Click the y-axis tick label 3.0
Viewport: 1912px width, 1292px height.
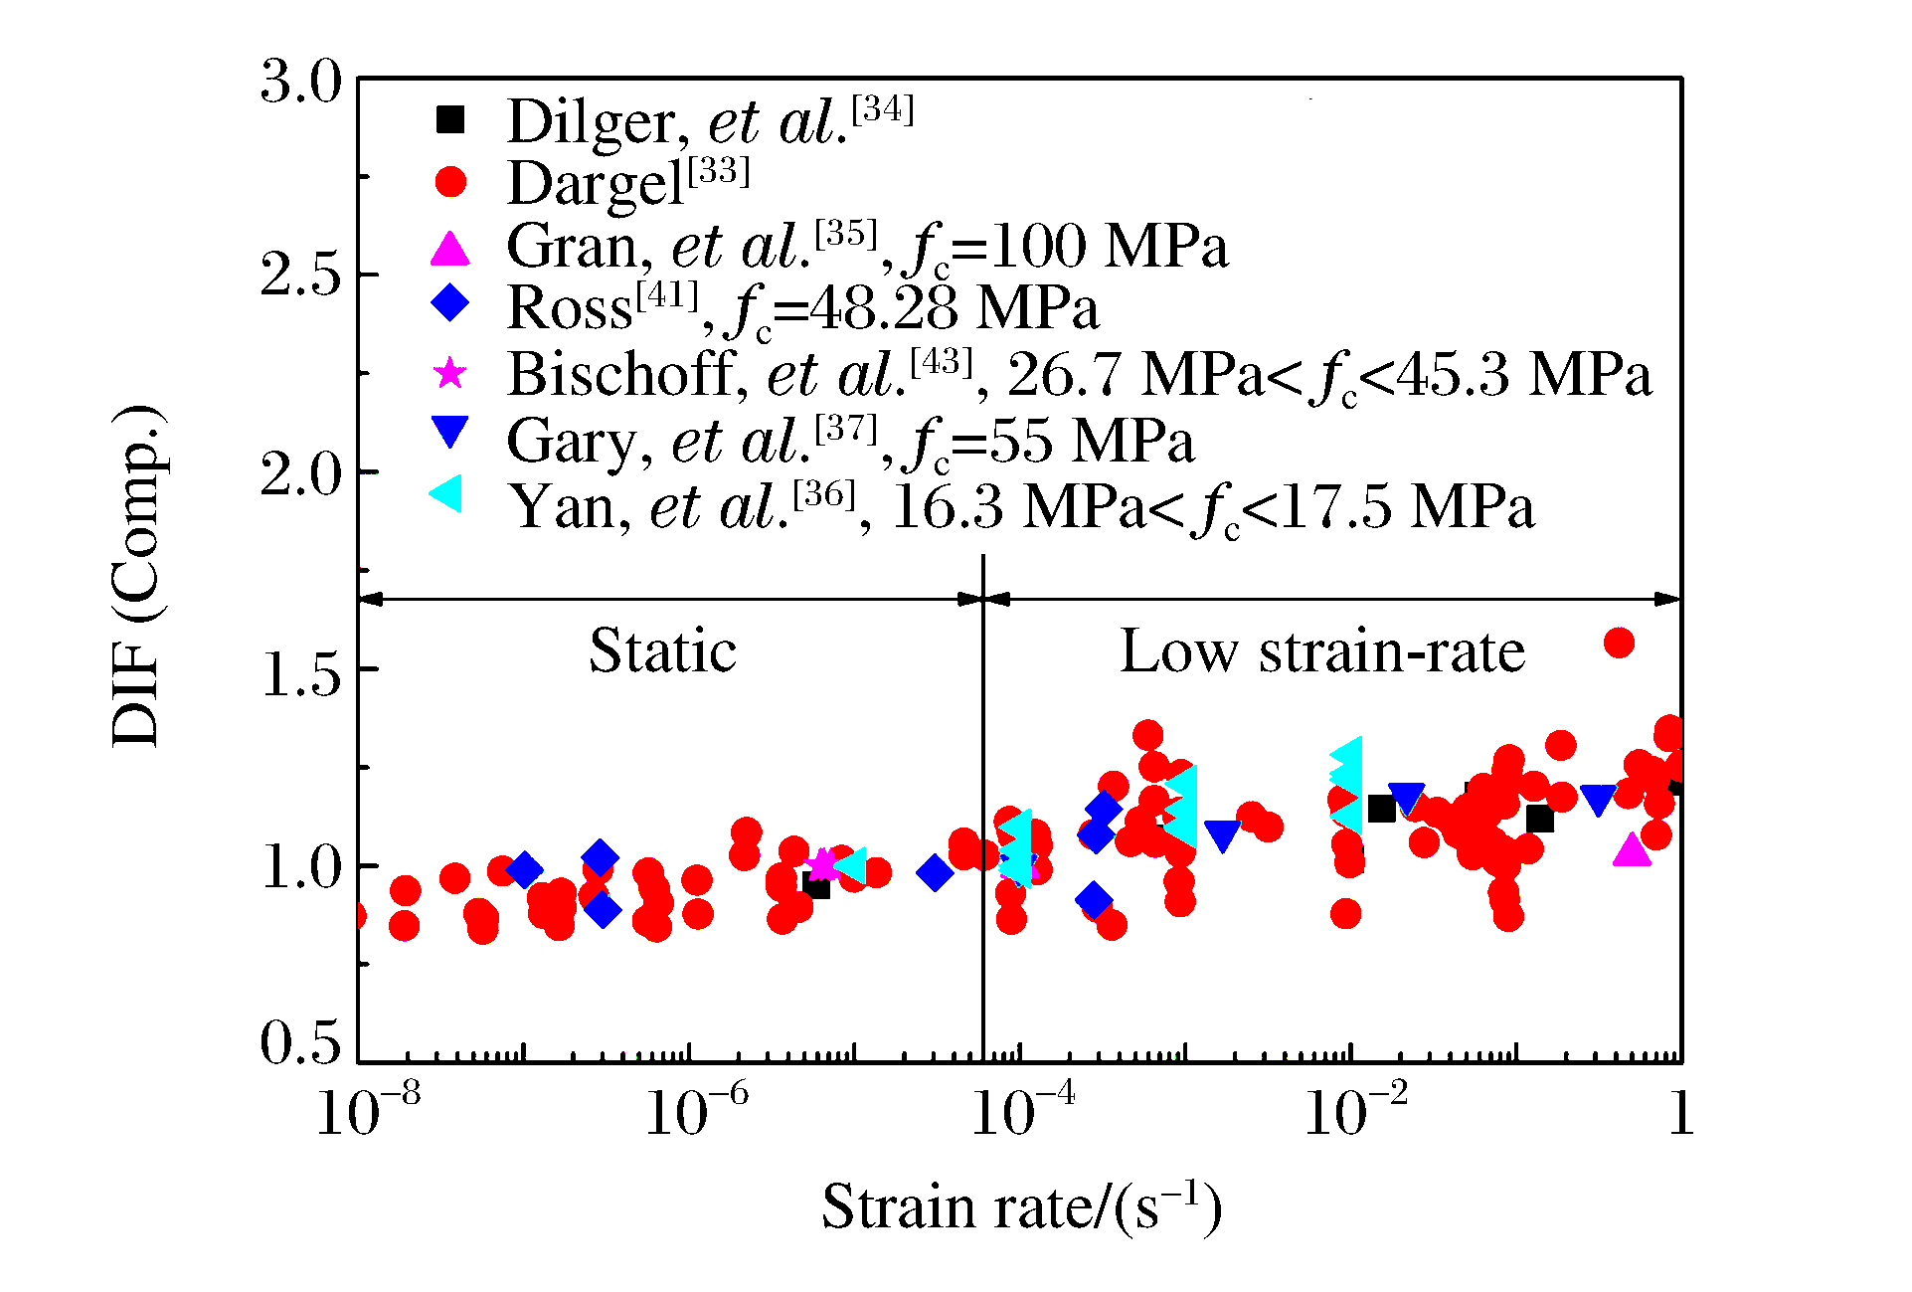pyautogui.click(x=300, y=82)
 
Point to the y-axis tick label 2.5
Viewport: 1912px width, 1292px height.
pyautogui.click(x=300, y=276)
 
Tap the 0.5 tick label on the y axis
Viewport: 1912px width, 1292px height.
pyautogui.click(x=300, y=1043)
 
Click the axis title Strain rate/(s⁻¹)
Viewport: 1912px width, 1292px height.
pyautogui.click(x=1021, y=1206)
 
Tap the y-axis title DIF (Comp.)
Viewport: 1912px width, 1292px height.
pyautogui.click(x=137, y=576)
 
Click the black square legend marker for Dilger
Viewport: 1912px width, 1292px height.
pyautogui.click(x=450, y=119)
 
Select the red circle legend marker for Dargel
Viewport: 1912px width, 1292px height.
pyautogui.click(x=450, y=182)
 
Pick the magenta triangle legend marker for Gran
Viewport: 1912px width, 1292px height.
pyautogui.click(x=449, y=249)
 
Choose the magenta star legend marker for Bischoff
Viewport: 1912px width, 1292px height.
pyautogui.click(x=450, y=373)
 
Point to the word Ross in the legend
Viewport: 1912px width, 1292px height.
pyautogui.click(x=569, y=308)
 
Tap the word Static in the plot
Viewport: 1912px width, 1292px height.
pyautogui.click(x=662, y=651)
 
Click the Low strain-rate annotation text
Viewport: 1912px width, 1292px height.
pyautogui.click(x=1321, y=652)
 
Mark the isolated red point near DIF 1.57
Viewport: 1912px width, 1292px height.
pyautogui.click(x=1619, y=644)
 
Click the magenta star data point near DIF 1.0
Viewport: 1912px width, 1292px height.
pyautogui.click(x=822, y=865)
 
